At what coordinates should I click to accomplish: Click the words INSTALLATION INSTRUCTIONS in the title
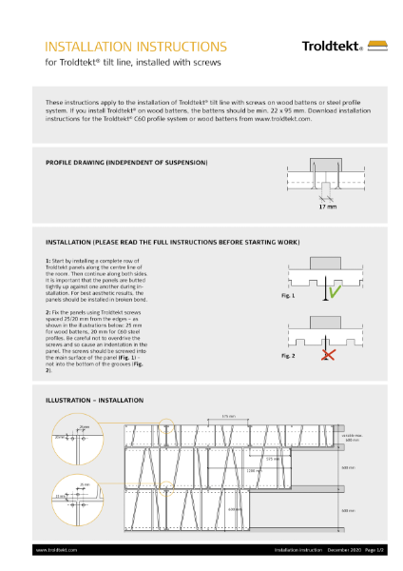(x=136, y=46)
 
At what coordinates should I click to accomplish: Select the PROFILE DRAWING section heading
(x=126, y=163)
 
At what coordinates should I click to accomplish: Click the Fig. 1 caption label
(x=289, y=296)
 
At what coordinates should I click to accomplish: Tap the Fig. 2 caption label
(x=289, y=355)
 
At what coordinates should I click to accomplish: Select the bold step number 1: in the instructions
(x=48, y=260)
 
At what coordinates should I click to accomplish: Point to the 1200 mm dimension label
(x=252, y=470)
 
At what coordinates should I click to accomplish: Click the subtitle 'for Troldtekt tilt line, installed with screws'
(x=133, y=63)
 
